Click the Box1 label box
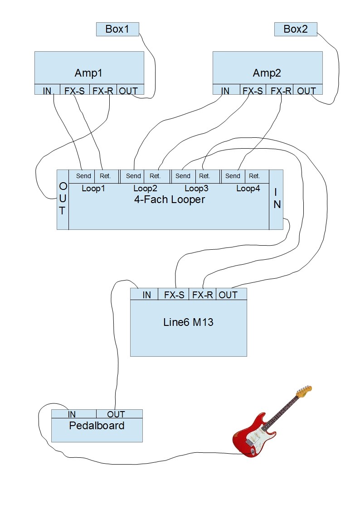click(x=117, y=29)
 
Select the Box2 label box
click(x=296, y=29)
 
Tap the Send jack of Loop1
click(x=83, y=176)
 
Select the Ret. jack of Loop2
click(x=155, y=176)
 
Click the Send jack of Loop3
click(x=183, y=176)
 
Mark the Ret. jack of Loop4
click(x=255, y=176)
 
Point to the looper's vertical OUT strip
click(x=63, y=199)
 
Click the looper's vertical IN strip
click(x=276, y=199)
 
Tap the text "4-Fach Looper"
click(x=170, y=199)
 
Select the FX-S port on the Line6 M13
click(x=174, y=295)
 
